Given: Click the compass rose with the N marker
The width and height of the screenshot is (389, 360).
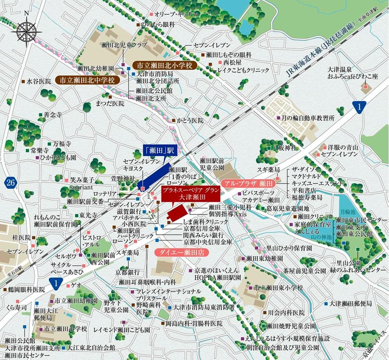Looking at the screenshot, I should point(27,31).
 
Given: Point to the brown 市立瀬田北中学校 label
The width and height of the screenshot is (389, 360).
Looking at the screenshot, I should point(87,80).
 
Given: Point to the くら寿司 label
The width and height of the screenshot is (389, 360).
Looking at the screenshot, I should point(18,307).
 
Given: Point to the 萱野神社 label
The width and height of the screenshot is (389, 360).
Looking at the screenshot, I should point(117,178).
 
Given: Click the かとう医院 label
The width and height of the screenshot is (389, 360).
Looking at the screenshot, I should point(190,121).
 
